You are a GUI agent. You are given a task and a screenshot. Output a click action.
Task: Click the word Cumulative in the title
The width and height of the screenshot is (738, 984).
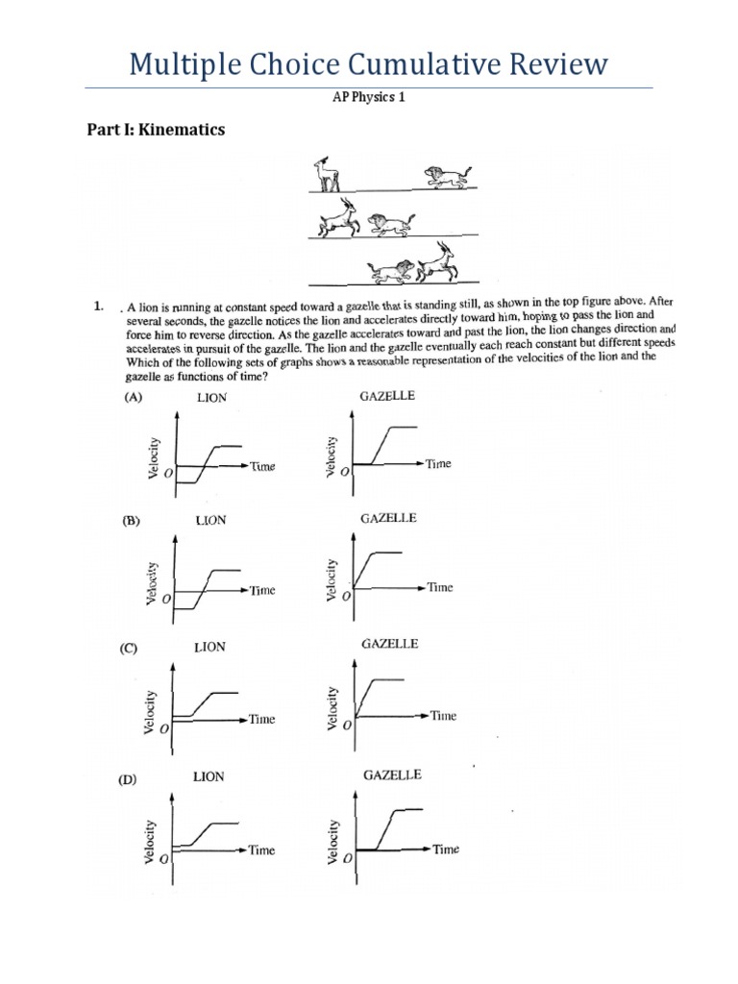[x=435, y=64]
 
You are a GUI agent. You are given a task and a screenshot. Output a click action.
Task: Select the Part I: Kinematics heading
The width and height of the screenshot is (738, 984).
[x=156, y=130]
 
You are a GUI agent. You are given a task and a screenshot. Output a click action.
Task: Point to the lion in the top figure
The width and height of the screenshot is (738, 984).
[x=446, y=174]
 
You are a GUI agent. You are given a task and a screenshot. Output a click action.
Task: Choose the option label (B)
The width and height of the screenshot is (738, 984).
[x=132, y=522]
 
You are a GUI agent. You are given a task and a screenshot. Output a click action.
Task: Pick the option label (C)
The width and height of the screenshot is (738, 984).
[x=129, y=649]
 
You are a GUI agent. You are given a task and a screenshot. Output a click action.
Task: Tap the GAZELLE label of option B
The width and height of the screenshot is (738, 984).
[x=388, y=518]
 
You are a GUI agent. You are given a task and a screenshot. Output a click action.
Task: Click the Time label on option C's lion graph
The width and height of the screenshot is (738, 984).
[x=262, y=719]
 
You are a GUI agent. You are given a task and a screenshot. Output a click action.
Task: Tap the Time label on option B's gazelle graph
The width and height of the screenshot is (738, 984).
[x=440, y=587]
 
